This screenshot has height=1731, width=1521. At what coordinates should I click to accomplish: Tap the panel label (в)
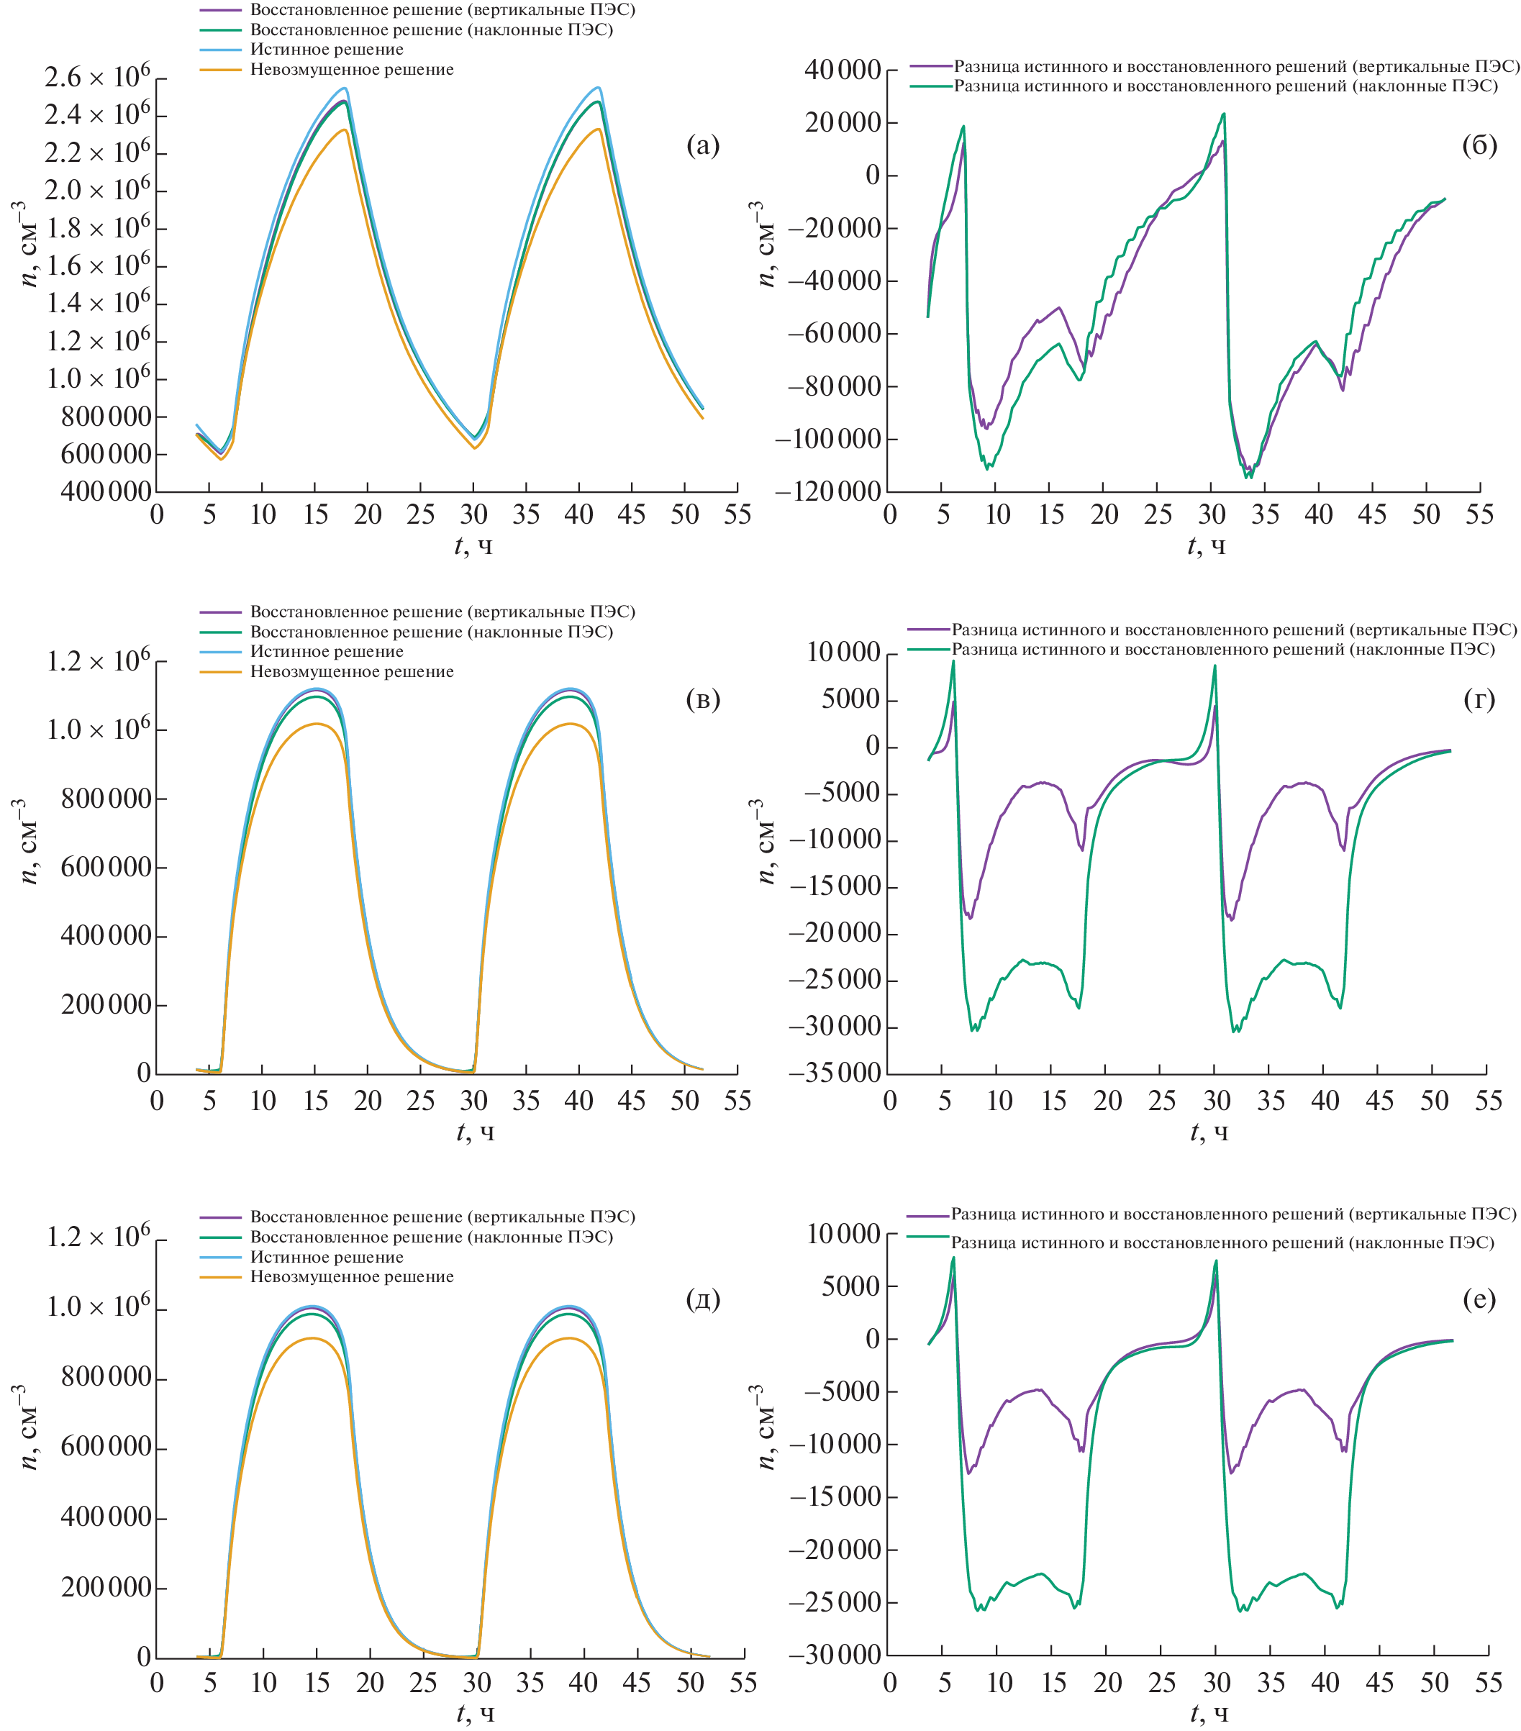pos(702,699)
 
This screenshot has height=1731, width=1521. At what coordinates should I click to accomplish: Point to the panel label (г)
pos(1479,699)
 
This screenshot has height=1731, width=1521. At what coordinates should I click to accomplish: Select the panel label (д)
pos(702,1299)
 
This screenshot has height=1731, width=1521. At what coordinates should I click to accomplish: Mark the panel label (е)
pos(1479,1299)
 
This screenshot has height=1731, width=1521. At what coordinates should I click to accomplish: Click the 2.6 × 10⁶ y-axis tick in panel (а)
pos(97,78)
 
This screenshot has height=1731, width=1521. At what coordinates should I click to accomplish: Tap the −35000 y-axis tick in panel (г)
pos(834,1073)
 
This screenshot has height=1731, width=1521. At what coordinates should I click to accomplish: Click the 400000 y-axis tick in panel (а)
pos(106,491)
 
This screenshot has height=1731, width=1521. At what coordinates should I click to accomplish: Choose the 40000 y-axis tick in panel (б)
pos(842,71)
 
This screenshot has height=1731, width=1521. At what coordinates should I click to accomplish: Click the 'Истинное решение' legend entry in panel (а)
pos(326,49)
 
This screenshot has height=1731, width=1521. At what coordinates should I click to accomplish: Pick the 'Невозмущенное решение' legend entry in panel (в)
pos(351,671)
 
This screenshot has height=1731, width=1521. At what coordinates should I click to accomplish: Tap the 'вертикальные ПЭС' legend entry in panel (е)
pos(1232,1214)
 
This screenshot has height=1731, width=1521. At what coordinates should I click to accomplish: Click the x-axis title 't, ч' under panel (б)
pos(1206,546)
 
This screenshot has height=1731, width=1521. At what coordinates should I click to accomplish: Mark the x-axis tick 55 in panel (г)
pos(1488,1101)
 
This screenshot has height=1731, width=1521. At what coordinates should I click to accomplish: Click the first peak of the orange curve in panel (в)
pos(316,724)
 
